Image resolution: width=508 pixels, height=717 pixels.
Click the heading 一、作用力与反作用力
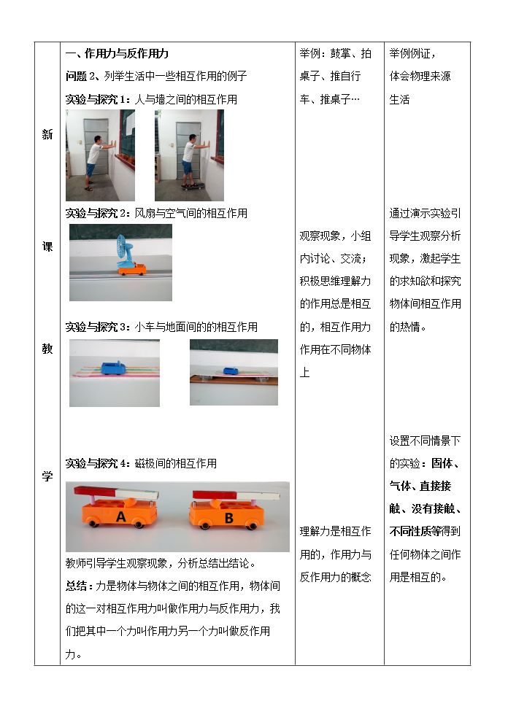tap(118, 53)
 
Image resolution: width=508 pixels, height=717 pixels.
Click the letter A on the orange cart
tap(120, 516)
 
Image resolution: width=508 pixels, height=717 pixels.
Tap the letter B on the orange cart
tap(229, 518)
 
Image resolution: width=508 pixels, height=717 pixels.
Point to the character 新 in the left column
tap(47, 134)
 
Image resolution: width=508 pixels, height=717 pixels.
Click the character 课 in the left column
tap(47, 247)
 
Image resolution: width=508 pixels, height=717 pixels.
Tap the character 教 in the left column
tap(47, 349)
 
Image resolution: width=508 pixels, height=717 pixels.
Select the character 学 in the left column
tap(47, 476)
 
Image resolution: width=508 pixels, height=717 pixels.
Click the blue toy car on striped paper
tap(115, 368)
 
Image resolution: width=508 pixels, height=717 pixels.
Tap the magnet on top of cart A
tap(116, 493)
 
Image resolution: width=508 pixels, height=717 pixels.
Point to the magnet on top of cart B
tap(236, 495)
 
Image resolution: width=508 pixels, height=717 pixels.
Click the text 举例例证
tap(410, 53)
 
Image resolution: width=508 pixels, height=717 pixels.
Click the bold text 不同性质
tap(409, 531)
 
